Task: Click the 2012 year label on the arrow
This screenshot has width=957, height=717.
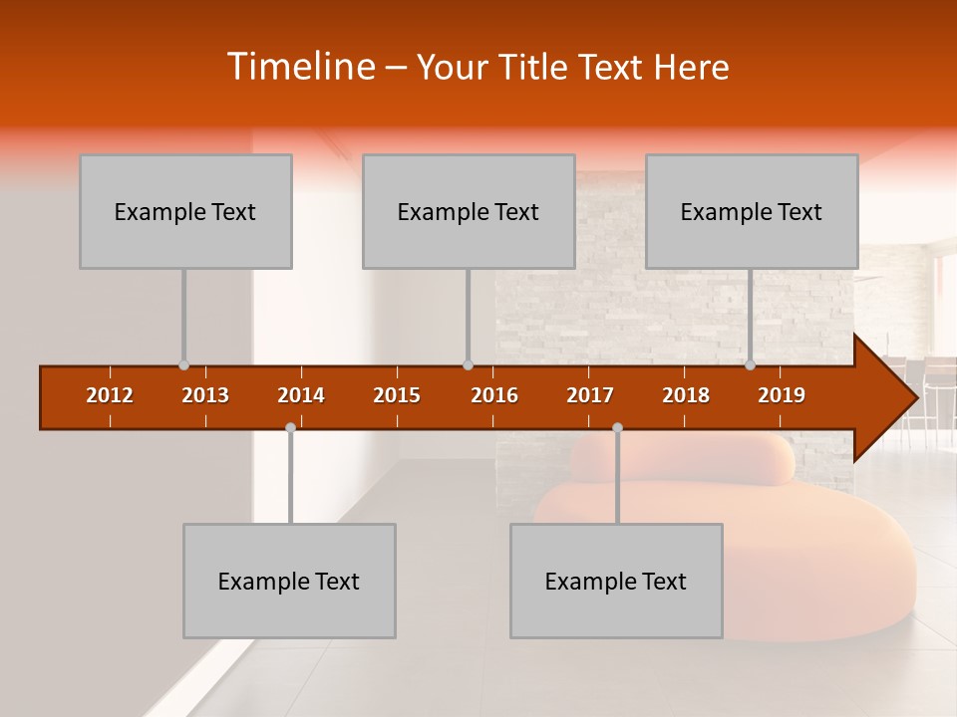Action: (x=110, y=395)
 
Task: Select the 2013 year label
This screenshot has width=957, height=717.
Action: (x=205, y=395)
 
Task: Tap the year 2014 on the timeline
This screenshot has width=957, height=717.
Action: (x=301, y=395)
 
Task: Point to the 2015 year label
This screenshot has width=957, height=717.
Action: (x=397, y=395)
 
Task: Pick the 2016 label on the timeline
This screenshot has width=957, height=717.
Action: (x=494, y=395)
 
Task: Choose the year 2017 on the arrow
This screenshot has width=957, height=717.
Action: (x=590, y=395)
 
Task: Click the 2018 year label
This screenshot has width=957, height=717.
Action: (x=686, y=395)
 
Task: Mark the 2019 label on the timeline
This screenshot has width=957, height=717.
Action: (x=782, y=395)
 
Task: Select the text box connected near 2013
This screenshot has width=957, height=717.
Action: (x=185, y=211)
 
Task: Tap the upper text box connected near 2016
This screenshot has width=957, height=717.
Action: (x=469, y=211)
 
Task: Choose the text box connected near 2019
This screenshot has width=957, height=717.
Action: (x=752, y=211)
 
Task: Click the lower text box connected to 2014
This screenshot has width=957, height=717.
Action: (x=289, y=581)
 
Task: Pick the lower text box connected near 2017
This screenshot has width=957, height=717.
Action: (x=616, y=581)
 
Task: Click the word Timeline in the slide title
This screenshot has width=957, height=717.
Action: (x=299, y=67)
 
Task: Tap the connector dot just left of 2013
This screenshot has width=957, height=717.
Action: (x=183, y=365)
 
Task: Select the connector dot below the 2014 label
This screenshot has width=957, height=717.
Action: (x=290, y=428)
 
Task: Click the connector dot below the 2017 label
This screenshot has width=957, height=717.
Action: (x=617, y=428)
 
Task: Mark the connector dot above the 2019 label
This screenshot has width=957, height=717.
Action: (x=751, y=365)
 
